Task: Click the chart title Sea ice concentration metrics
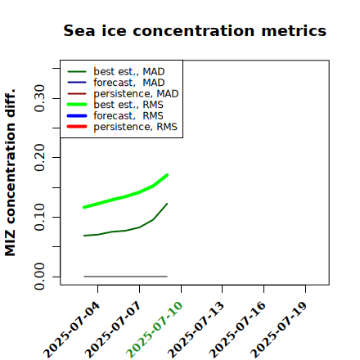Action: pyautogui.click(x=195, y=30)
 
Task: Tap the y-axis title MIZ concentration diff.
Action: pyautogui.click(x=10, y=173)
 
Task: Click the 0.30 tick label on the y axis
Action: pyautogui.click(x=39, y=98)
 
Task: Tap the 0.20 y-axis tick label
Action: pyautogui.click(x=39, y=157)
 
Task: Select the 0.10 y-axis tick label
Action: pyautogui.click(x=39, y=217)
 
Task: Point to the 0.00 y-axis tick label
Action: pyautogui.click(x=39, y=277)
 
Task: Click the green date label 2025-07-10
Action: pyautogui.click(x=155, y=330)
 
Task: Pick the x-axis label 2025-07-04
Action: pyautogui.click(x=71, y=330)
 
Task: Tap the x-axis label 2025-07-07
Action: pyautogui.click(x=113, y=330)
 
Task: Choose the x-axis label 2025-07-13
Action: pyautogui.click(x=196, y=330)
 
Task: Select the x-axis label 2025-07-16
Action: pyautogui.click(x=237, y=330)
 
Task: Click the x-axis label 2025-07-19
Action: pyautogui.click(x=279, y=330)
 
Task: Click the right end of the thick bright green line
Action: pyautogui.click(x=167, y=175)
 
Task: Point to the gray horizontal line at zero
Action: pyautogui.click(x=125, y=277)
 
